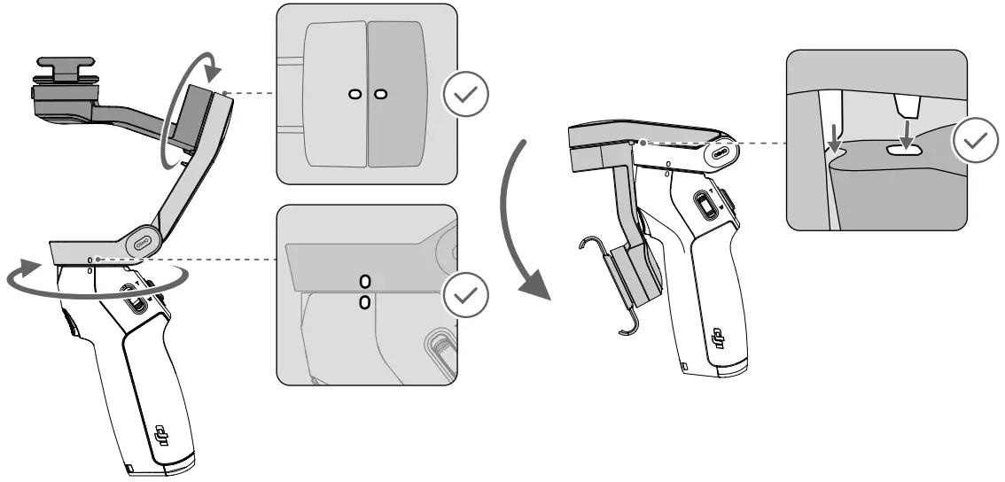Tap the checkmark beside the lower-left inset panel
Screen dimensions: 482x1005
466,295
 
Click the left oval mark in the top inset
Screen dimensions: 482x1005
354,94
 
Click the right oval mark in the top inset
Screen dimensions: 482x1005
380,94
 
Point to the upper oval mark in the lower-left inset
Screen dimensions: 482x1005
364,282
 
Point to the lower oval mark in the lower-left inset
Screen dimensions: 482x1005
364,303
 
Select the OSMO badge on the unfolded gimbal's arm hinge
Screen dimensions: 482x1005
143,239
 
